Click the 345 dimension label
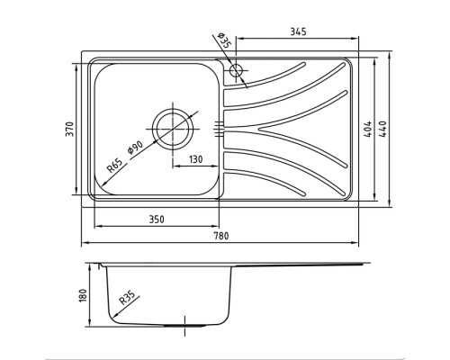298,31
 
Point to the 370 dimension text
69,129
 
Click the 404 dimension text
368,129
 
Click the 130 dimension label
195,159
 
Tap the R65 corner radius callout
115,166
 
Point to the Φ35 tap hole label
223,40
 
